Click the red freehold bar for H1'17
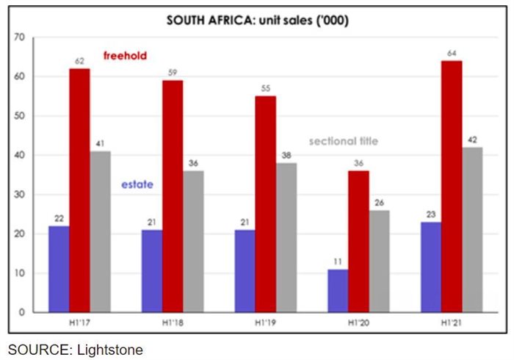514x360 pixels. click(79, 190)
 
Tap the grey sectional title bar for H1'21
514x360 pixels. click(472, 229)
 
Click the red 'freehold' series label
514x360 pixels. click(126, 56)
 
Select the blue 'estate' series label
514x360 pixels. click(137, 184)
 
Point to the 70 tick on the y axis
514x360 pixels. click(20, 37)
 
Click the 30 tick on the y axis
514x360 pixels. click(20, 195)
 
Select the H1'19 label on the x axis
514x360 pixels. click(266, 323)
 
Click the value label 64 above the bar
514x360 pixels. click(452, 53)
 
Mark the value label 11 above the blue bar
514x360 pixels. click(339, 262)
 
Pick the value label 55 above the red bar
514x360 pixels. click(266, 88)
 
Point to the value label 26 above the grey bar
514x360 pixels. click(379, 203)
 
